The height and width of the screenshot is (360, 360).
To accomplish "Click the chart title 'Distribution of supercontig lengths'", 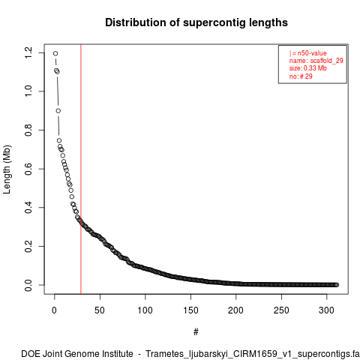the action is [x=196, y=22].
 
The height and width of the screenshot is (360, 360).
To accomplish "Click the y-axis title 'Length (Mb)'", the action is [x=7, y=169].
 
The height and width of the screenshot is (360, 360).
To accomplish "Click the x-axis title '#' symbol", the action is [x=196, y=331].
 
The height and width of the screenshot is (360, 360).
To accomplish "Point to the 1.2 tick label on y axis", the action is [x=28, y=52].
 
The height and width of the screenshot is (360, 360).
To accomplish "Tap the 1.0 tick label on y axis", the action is [x=28, y=91].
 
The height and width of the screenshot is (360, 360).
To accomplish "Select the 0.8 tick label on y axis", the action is [x=28, y=130].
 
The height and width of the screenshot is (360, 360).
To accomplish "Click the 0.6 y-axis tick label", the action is [x=28, y=169].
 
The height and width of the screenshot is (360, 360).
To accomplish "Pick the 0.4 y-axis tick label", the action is [x=28, y=208].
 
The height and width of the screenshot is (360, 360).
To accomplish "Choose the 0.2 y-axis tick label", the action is [x=28, y=246].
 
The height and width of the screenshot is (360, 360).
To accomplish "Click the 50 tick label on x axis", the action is [x=100, y=310].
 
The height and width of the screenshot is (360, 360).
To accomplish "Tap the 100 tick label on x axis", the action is [x=145, y=310].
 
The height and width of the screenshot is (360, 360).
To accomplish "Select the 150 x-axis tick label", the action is [x=190, y=310].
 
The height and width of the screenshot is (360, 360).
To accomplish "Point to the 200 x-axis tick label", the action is [x=235, y=310].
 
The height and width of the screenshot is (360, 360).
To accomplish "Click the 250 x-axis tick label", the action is [x=281, y=310].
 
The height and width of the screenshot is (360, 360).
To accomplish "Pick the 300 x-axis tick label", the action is [x=326, y=310].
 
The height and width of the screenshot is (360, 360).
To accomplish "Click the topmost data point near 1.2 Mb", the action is [x=55, y=53].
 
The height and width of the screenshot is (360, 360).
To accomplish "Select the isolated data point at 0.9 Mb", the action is [x=58, y=111].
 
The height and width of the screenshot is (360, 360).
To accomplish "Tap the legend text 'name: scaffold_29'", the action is [x=316, y=61].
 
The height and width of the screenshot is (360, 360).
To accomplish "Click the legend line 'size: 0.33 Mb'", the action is [x=308, y=68].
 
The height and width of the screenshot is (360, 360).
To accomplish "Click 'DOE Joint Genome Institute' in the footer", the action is [x=77, y=354].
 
